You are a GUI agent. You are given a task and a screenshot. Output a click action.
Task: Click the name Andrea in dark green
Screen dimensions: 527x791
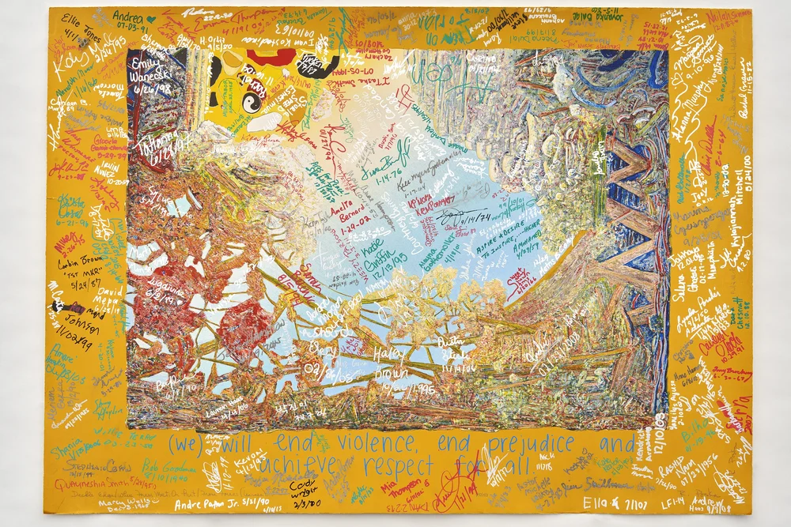[x=127, y=15]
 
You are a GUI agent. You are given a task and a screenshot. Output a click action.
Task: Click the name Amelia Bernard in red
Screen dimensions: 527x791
[x=339, y=203]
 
